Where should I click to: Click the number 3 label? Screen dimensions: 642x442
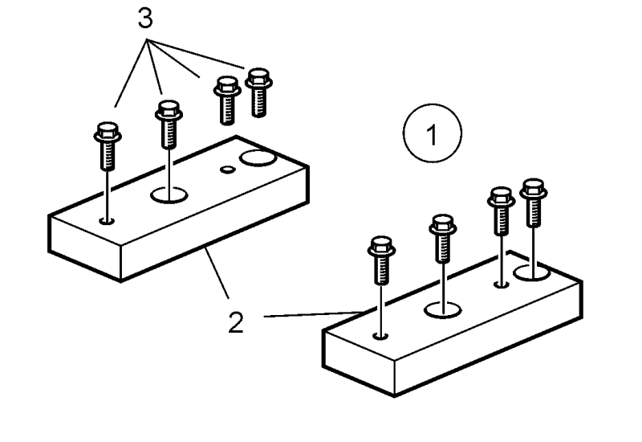(x=145, y=18)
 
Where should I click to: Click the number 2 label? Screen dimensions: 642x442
(x=236, y=323)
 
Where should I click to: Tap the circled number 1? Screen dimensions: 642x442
(x=433, y=133)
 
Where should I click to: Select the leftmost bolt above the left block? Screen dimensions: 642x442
(x=108, y=145)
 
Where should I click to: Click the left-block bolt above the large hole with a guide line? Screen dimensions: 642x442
(x=169, y=124)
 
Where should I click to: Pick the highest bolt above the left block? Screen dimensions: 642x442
(x=258, y=92)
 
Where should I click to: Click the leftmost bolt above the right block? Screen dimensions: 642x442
(x=382, y=260)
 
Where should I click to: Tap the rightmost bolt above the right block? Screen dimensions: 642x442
(x=534, y=203)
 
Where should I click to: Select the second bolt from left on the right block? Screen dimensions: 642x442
(x=443, y=238)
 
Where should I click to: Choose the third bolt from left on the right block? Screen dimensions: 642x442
(x=501, y=211)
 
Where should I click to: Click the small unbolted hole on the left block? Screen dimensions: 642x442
(x=227, y=169)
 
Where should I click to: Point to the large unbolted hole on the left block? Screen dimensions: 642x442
(x=258, y=158)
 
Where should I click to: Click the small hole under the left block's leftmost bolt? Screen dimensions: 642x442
(x=108, y=222)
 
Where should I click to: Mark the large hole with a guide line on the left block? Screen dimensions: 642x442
(x=169, y=194)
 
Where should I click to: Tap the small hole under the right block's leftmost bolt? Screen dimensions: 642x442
(x=380, y=336)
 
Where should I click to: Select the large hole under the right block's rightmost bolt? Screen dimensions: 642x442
(x=531, y=273)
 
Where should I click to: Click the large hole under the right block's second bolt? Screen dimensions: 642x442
(x=443, y=309)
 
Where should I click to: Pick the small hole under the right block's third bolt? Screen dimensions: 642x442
(x=502, y=284)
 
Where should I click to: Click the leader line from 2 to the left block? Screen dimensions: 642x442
(x=217, y=272)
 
